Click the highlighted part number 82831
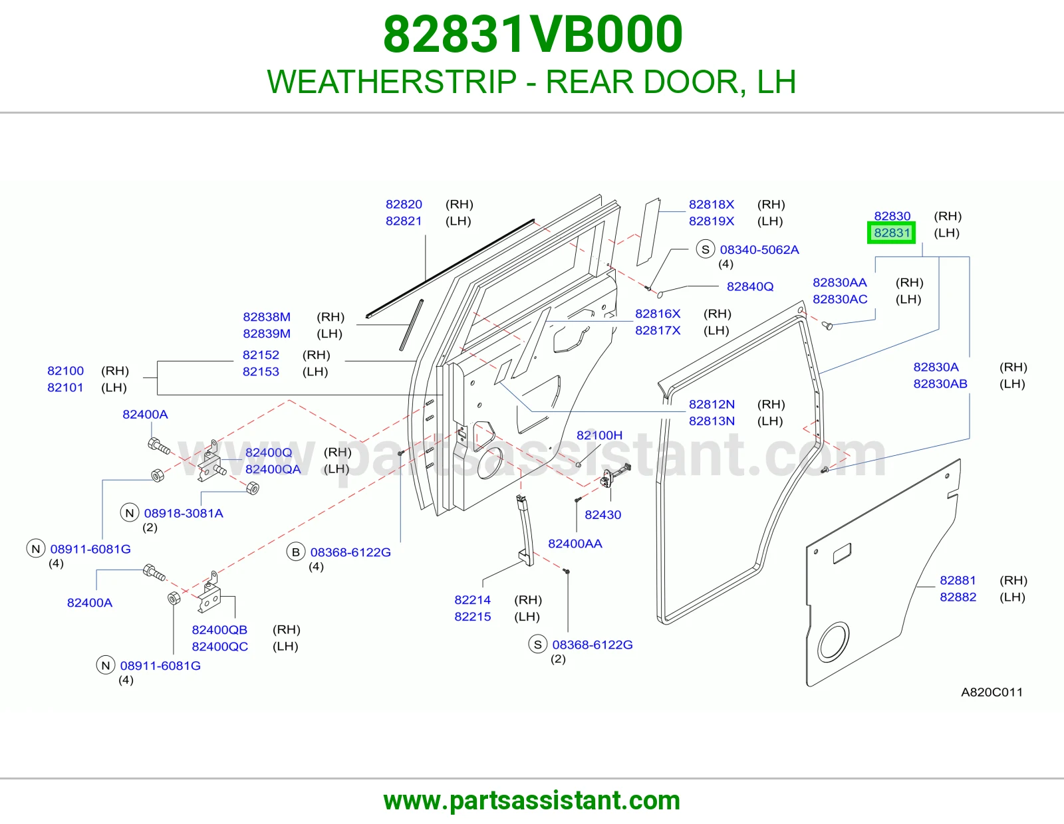click(892, 233)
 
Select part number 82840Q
click(750, 286)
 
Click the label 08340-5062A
click(759, 250)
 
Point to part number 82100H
click(599, 435)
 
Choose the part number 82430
click(602, 515)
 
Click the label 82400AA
click(575, 544)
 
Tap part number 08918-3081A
click(184, 513)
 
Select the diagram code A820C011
click(992, 692)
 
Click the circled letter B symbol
click(296, 552)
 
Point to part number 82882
click(958, 597)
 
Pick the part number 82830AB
click(940, 384)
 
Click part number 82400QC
click(220, 647)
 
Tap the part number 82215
click(473, 617)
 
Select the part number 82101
click(66, 387)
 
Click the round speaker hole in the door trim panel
click(833, 642)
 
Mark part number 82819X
click(712, 221)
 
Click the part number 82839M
click(267, 334)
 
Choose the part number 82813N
click(712, 421)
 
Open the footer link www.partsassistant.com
click(532, 801)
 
